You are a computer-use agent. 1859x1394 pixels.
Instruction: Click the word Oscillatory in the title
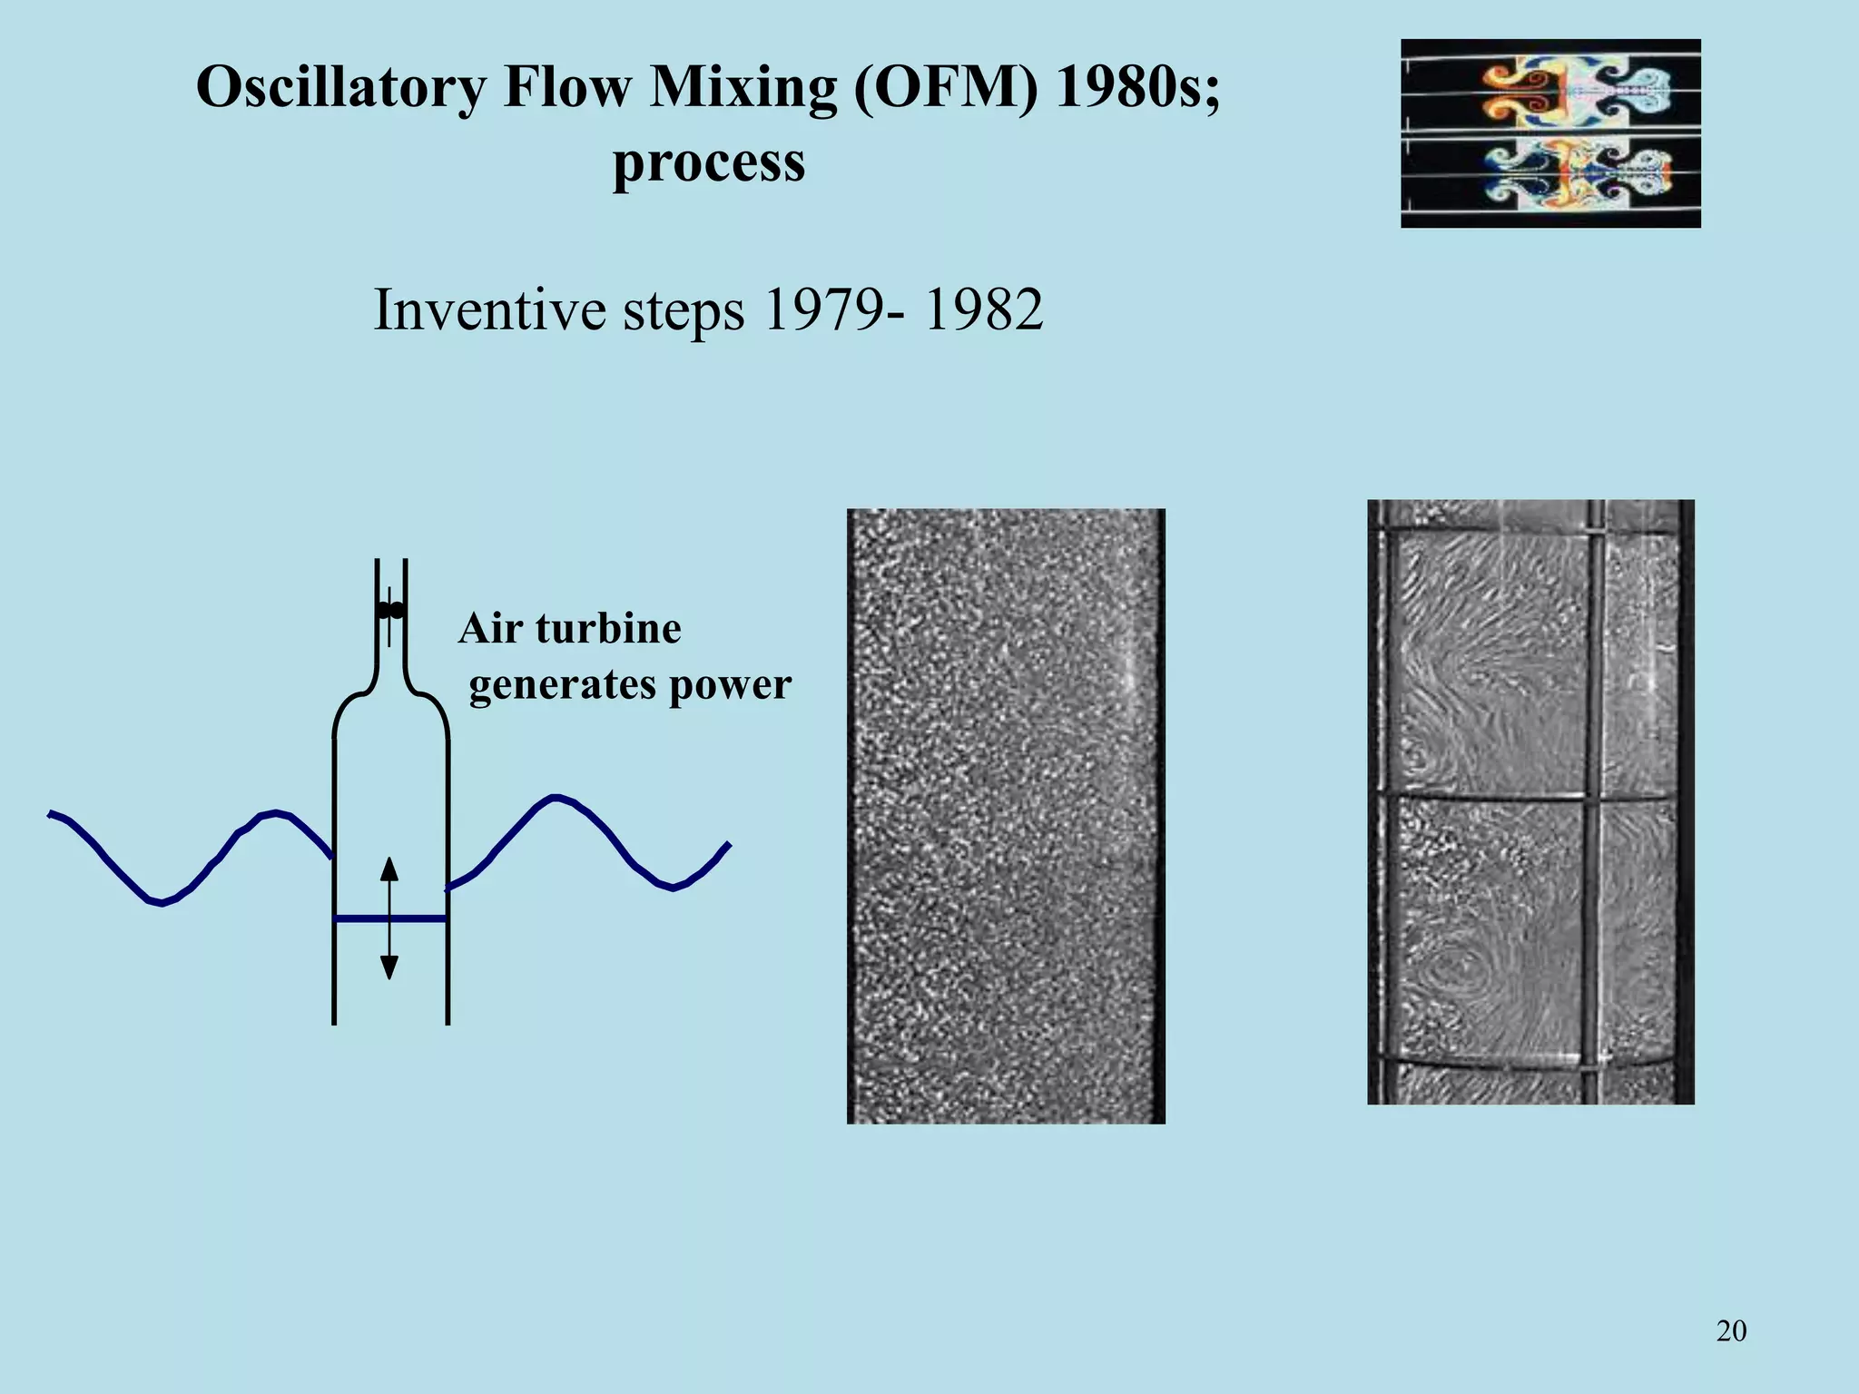340,89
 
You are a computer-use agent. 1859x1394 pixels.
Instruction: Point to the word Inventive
490,310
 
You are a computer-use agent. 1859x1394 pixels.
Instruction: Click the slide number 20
1731,1331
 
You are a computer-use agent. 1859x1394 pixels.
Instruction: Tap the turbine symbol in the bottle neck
390,610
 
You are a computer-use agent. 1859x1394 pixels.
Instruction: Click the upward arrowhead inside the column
389,869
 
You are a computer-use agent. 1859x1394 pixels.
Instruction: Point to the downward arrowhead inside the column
389,967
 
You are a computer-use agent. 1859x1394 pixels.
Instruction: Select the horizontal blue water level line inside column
363,919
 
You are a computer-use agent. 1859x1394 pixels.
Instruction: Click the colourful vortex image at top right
1550,133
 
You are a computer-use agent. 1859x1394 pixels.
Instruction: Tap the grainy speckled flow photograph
1006,816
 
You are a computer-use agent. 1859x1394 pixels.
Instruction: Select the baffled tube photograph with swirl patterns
1530,801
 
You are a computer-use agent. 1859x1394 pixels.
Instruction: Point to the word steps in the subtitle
684,310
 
